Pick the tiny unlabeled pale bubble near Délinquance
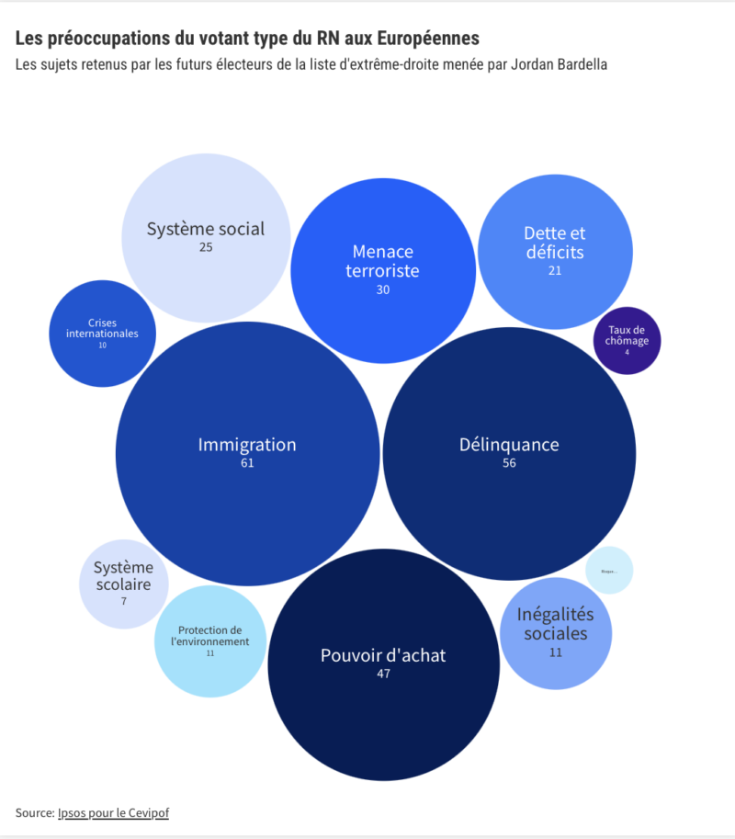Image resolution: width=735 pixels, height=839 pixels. pyautogui.click(x=609, y=570)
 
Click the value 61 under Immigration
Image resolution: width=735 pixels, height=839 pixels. pyautogui.click(x=247, y=463)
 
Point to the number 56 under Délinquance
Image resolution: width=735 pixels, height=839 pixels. pyautogui.click(x=509, y=463)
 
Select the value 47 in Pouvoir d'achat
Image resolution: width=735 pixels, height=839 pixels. pyautogui.click(x=383, y=674)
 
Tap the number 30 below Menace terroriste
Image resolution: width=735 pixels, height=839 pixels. pyautogui.click(x=382, y=289)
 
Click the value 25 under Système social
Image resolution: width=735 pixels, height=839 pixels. pyautogui.click(x=206, y=247)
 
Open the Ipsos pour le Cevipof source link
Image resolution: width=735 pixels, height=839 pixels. pyautogui.click(x=113, y=812)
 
